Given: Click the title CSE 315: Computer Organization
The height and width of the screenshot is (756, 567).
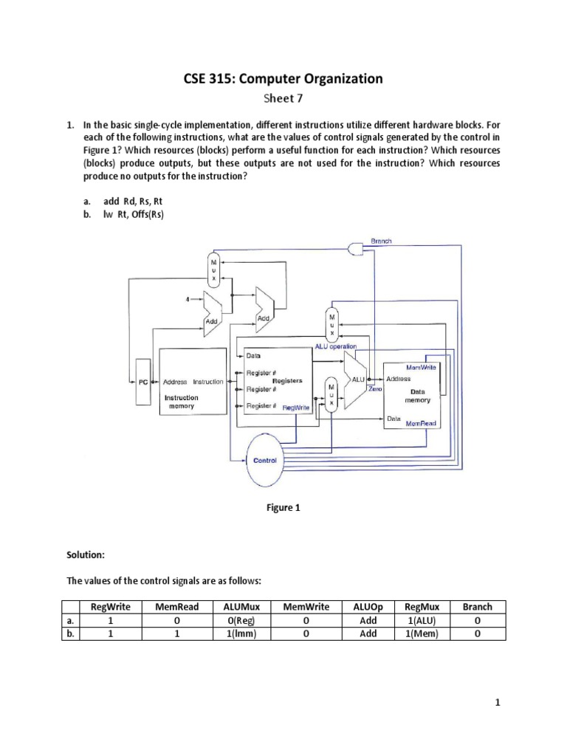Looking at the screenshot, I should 283,78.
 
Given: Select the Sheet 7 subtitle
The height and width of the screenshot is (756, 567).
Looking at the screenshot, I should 283,97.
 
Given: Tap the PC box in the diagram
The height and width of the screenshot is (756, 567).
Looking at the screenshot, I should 143,382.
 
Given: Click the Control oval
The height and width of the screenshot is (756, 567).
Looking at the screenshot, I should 265,460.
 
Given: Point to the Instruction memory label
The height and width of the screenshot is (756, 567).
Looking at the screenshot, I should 181,402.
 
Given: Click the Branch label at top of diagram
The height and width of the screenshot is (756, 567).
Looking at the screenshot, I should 381,241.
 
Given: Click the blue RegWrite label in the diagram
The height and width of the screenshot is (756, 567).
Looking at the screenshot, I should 296,407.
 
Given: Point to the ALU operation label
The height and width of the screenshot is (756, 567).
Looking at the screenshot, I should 336,346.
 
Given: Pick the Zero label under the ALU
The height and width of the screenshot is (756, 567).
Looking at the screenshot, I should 375,389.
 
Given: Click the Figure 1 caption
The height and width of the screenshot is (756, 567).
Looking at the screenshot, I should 283,508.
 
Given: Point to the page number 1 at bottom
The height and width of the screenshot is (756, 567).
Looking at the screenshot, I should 499,703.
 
